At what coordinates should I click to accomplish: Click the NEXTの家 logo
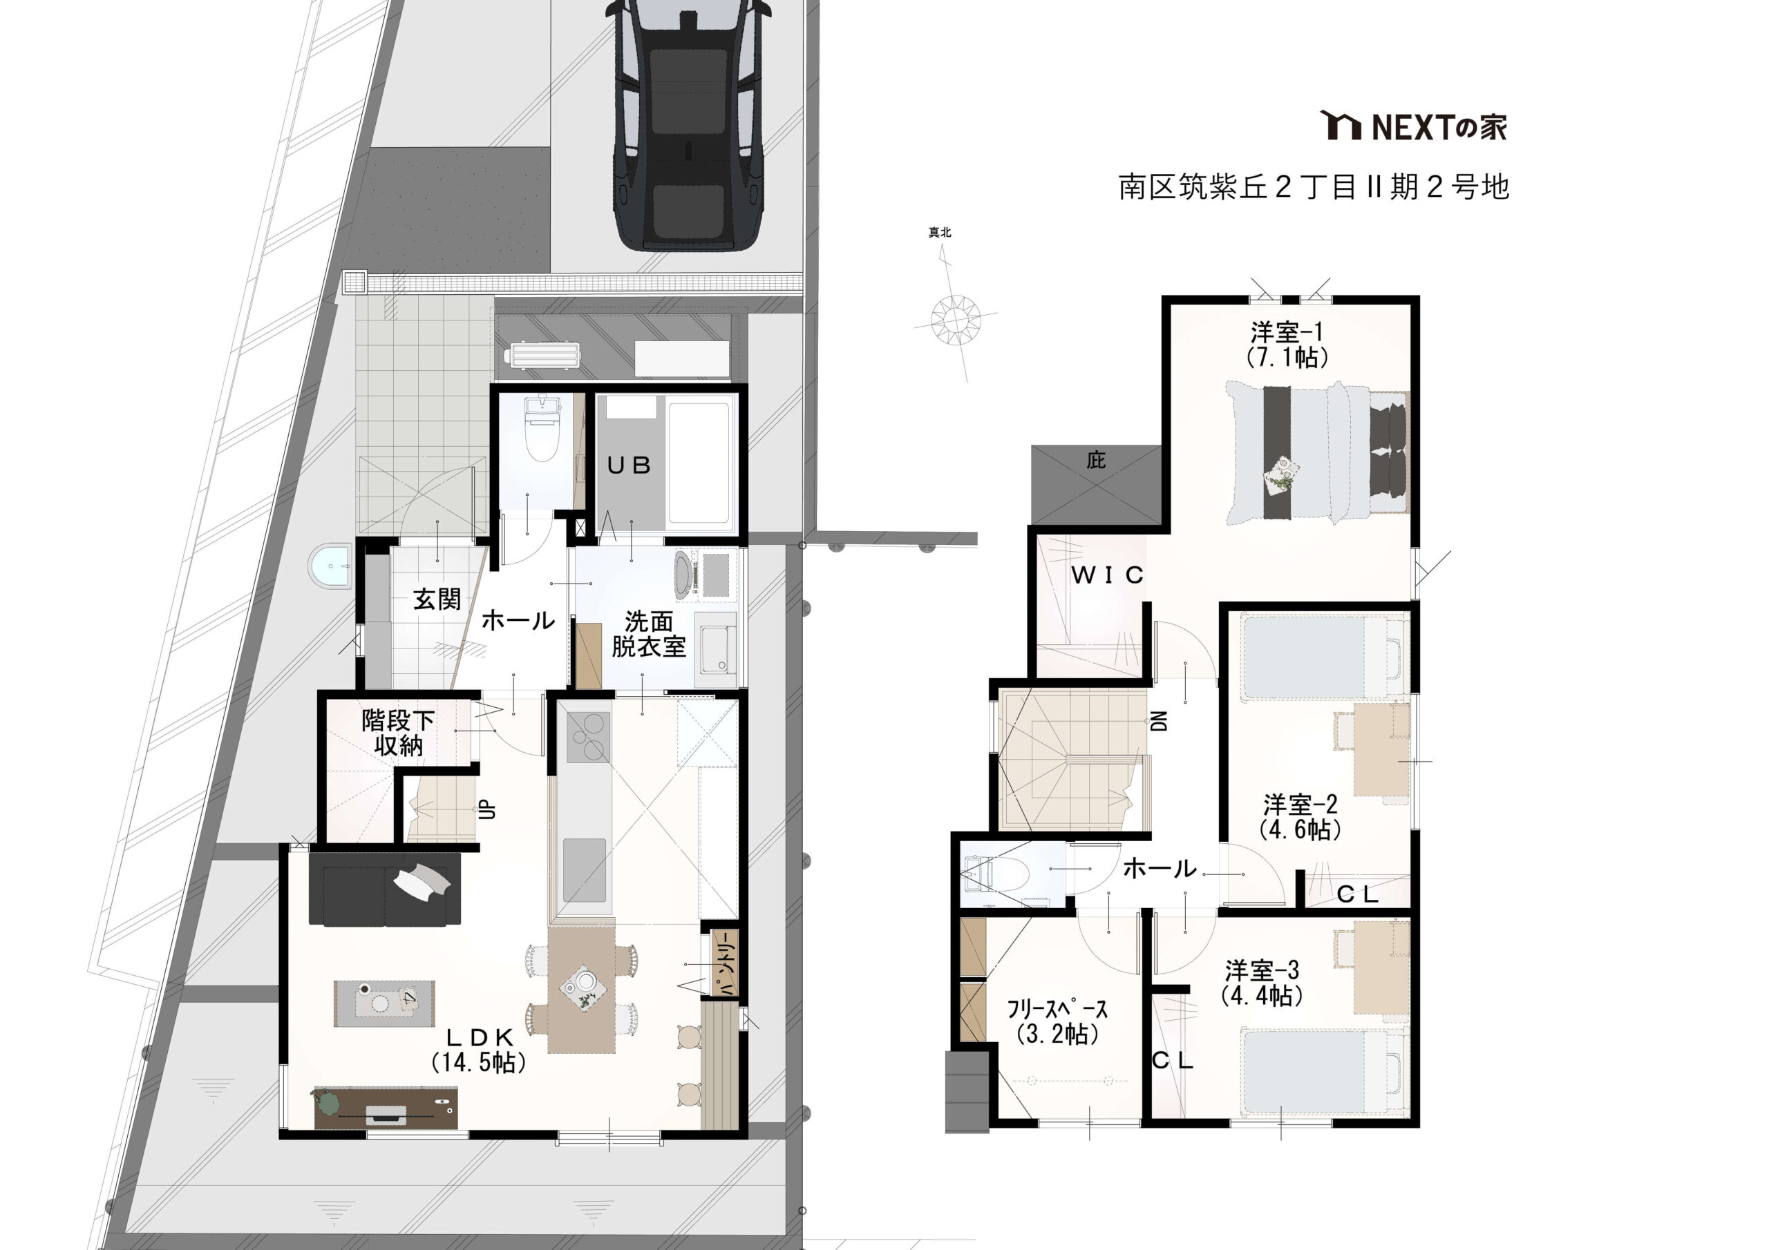click(1413, 126)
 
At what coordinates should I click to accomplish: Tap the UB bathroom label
click(630, 465)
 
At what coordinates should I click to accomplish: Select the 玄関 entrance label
click(437, 599)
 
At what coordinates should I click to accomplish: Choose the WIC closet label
click(1107, 575)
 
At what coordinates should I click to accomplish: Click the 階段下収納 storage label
click(398, 733)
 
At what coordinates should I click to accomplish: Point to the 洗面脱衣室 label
click(649, 634)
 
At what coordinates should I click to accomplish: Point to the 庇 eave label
click(1096, 461)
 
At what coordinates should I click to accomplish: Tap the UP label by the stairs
click(487, 809)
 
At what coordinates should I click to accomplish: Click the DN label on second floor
click(1159, 720)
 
